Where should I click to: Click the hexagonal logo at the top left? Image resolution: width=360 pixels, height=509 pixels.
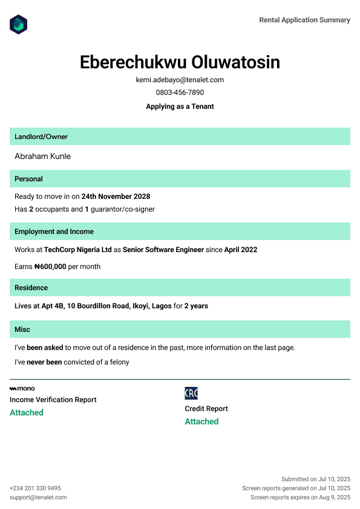tap(19, 25)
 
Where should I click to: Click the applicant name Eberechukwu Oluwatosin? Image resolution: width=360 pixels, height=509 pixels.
tap(180, 62)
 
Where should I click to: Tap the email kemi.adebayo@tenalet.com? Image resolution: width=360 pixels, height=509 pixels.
tap(180, 80)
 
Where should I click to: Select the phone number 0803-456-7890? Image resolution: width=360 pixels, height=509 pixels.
tap(180, 92)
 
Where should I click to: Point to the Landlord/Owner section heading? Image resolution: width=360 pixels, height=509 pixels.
tap(41, 137)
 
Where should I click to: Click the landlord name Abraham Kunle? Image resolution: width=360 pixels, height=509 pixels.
tap(42, 156)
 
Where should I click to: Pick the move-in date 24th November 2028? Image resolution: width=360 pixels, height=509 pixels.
tap(116, 196)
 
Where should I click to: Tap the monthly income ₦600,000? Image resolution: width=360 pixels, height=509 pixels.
tap(50, 267)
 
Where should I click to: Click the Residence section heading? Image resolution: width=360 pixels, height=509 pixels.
tap(31, 288)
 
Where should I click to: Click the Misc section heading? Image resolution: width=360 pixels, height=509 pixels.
tap(22, 329)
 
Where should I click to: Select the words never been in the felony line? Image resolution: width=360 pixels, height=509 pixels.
tap(44, 362)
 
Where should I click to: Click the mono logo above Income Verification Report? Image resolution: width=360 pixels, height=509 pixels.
tap(22, 388)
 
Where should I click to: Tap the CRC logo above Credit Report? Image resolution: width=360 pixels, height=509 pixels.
tap(191, 394)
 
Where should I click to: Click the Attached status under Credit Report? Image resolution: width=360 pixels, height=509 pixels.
tap(201, 421)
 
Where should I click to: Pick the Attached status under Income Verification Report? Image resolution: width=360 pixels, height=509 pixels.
tap(27, 412)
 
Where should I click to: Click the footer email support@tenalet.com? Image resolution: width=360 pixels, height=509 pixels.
tap(38, 498)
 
